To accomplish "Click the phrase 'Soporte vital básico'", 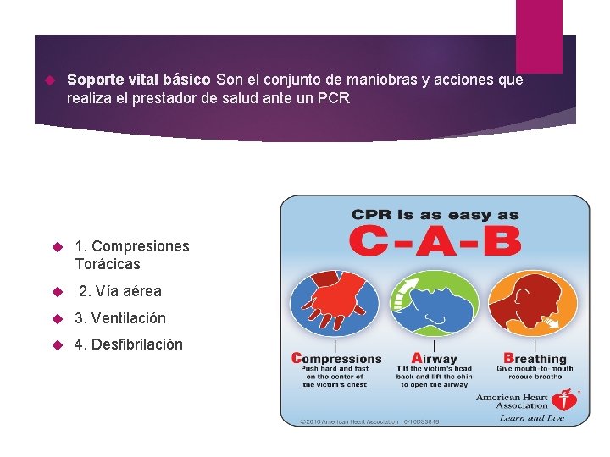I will point(139,80).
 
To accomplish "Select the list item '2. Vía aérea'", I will point(119,291).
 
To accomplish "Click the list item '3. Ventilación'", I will point(120,318).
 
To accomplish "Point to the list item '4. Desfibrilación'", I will point(129,345).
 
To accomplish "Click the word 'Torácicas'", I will point(108,264).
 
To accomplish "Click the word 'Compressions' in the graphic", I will point(336,359).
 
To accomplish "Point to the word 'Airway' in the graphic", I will point(434,359).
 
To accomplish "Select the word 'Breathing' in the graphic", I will point(535,359).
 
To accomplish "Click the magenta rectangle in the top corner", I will point(539,36).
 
